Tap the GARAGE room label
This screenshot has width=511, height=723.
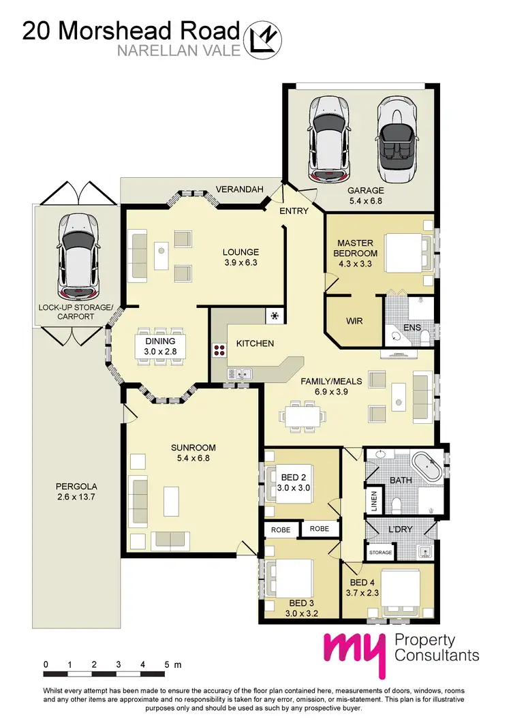(x=366, y=191)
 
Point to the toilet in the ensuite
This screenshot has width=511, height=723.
(x=424, y=336)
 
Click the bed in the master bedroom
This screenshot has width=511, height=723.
(x=406, y=252)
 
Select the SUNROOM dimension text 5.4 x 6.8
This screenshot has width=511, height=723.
(x=193, y=459)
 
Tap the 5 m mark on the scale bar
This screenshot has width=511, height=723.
(x=167, y=663)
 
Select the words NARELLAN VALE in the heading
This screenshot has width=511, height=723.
(x=179, y=49)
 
